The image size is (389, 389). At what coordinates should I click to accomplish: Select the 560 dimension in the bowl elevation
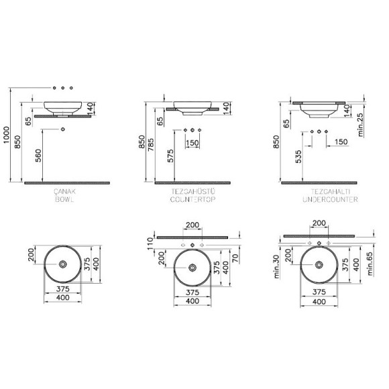(38, 156)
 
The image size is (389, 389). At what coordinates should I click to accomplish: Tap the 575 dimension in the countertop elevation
(170, 156)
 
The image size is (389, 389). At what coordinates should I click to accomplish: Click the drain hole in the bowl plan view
(62, 266)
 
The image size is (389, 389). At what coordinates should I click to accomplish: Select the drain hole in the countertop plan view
(192, 268)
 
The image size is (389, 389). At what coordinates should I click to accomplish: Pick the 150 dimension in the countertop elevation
(192, 143)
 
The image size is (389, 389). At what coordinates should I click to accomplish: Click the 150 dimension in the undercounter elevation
(341, 142)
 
